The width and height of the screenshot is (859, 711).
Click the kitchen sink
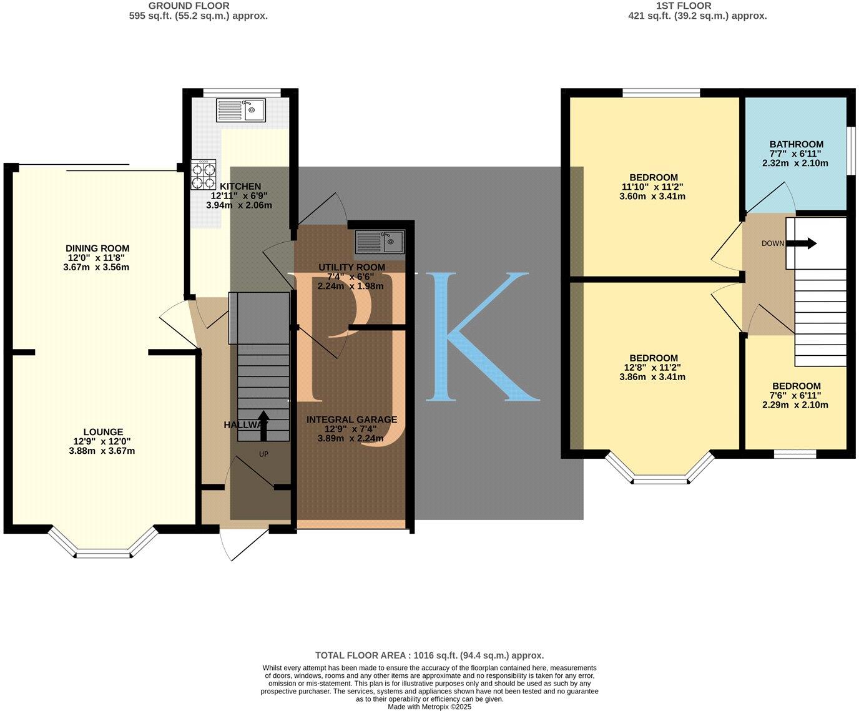[x=241, y=110]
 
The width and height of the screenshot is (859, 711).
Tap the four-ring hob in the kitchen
[x=204, y=175]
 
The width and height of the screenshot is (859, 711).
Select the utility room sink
[x=380, y=240]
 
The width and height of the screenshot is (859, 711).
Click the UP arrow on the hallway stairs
[x=264, y=426]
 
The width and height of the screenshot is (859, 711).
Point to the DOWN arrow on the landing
[x=805, y=243]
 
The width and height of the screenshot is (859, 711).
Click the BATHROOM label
[x=796, y=144]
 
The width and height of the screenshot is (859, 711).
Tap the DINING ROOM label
[x=99, y=248]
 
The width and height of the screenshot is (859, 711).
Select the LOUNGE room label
[x=103, y=432]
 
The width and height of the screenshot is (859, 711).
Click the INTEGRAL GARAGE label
[x=351, y=420]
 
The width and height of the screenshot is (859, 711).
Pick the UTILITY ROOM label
[x=351, y=267]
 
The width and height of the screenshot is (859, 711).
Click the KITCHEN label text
[x=240, y=186]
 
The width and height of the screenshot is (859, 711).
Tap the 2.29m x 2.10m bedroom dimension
[x=795, y=405]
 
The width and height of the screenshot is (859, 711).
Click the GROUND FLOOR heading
[x=189, y=6]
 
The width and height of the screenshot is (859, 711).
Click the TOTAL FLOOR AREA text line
[x=430, y=655]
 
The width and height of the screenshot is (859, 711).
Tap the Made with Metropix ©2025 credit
[x=430, y=707]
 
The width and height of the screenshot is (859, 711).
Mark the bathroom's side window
[x=849, y=151]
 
